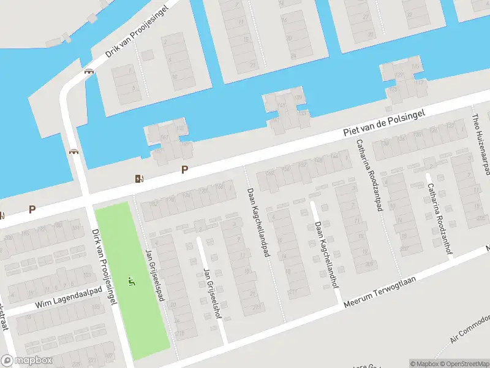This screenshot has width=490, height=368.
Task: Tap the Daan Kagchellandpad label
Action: pos(258,222)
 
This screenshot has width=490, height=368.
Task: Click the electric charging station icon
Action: pos(140,178)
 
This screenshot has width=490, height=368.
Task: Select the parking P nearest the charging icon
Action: pos(184,170)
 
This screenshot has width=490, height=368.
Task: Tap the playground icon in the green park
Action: pos(132,282)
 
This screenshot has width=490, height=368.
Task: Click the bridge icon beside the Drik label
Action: pos(90,71)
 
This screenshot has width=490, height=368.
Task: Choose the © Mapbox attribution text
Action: pos(424,364)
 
